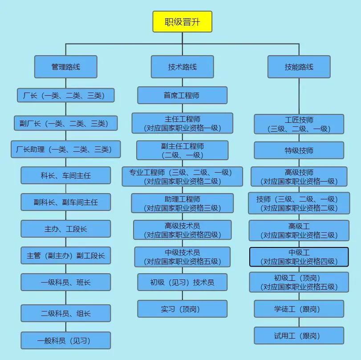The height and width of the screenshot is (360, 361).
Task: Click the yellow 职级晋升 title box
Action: (183, 22)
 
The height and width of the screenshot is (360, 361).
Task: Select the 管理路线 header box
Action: (65, 67)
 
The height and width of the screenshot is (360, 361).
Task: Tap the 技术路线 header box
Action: (182, 67)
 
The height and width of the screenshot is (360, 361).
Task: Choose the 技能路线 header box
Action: (299, 67)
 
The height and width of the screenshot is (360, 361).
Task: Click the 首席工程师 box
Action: (182, 95)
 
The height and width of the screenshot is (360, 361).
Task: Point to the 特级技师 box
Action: (299, 150)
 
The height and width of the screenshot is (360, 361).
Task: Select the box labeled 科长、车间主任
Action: (65, 175)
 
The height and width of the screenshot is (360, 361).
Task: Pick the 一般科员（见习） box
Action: (65, 340)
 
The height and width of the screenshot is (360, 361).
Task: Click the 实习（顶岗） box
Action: (182, 309)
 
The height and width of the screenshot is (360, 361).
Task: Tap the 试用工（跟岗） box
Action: (299, 336)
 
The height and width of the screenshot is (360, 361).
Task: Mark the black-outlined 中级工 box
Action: (299, 257)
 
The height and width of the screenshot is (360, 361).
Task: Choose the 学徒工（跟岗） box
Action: (299, 309)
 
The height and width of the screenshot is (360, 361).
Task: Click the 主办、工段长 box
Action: (65, 229)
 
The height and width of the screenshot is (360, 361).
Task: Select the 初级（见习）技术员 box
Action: (182, 282)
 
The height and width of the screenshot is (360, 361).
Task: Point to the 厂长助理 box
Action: (65, 149)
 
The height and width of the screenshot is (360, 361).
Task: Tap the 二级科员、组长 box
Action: (65, 313)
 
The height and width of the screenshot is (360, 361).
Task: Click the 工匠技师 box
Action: (299, 124)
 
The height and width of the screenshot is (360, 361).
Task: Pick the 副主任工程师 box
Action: (182, 150)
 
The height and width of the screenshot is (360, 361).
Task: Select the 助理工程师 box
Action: (182, 203)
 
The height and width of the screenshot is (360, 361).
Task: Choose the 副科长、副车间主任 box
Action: (65, 202)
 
